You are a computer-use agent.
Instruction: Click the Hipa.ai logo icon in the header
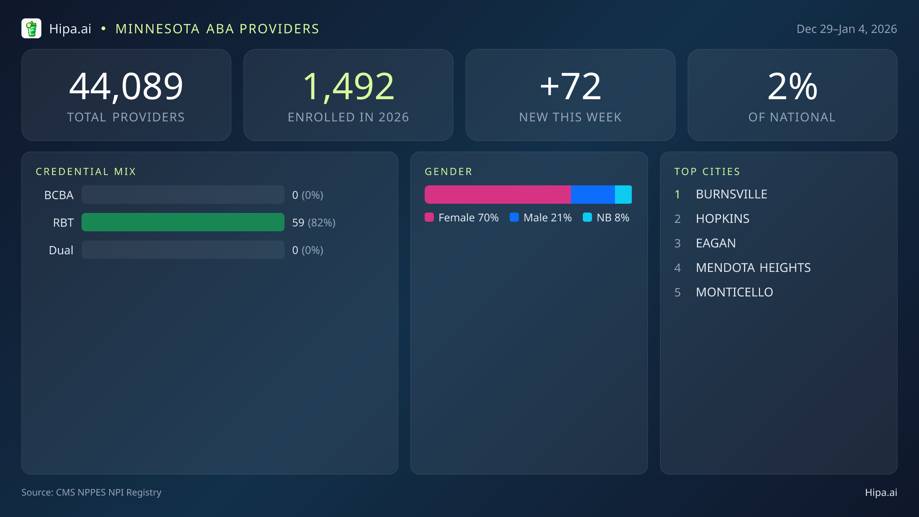point(31,29)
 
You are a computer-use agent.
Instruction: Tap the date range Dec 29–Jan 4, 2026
point(846,29)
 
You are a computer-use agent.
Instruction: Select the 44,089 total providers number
point(126,87)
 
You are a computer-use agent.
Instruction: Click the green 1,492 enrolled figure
point(348,87)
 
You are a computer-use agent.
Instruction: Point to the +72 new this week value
point(570,87)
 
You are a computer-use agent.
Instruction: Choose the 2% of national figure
point(792,87)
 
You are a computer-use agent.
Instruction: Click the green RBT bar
point(183,222)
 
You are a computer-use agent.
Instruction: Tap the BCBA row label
point(59,195)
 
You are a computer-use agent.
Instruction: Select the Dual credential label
point(61,250)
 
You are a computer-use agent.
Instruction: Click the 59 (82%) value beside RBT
point(314,223)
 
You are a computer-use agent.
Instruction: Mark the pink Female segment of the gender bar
point(497,195)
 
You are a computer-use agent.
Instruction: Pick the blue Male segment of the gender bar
point(593,195)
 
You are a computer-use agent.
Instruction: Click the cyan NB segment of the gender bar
point(623,195)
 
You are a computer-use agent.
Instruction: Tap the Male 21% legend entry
point(541,218)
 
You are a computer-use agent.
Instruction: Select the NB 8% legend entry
point(606,218)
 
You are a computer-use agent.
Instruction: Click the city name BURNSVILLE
point(731,194)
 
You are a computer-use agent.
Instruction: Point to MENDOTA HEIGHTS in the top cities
point(753,268)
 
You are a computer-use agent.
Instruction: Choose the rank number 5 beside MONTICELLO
point(677,292)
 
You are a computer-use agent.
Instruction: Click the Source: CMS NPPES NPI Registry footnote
point(91,492)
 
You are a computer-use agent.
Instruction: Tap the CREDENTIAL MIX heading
point(86,172)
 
